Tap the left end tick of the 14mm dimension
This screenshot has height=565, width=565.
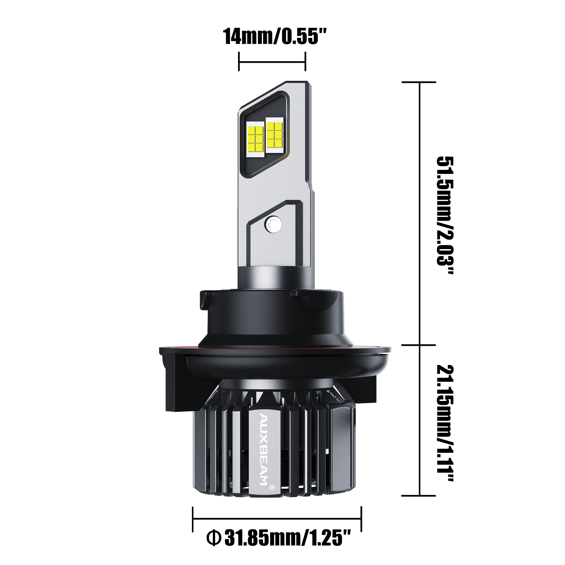point(240,62)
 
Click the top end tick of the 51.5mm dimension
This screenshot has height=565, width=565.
point(419,83)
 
